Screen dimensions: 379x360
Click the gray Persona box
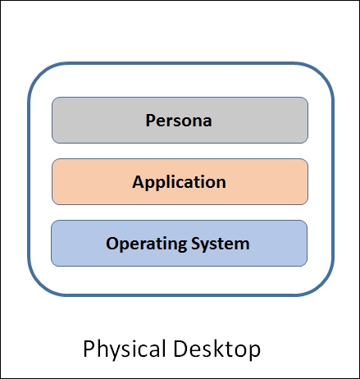tap(180, 121)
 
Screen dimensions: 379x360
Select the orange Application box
tap(180, 181)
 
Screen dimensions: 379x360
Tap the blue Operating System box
tap(179, 243)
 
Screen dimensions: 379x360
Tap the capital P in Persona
tap(150, 121)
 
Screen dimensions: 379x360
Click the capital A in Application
tap(138, 181)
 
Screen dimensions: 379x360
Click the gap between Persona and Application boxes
tap(180, 151)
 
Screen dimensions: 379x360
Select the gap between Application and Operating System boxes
tap(180, 212)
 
